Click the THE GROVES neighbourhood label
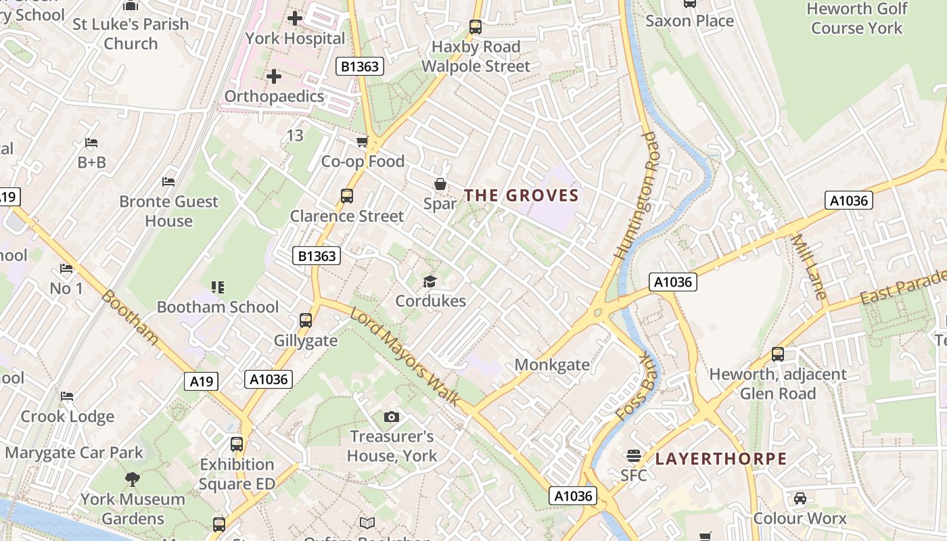click(x=521, y=196)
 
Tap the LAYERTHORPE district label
click(x=721, y=458)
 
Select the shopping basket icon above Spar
click(x=440, y=184)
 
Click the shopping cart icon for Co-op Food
click(x=363, y=141)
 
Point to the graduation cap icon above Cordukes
click(x=430, y=281)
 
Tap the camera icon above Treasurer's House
click(x=391, y=417)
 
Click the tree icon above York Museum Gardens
click(x=133, y=479)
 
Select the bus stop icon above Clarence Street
click(x=346, y=196)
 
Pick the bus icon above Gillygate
click(x=306, y=321)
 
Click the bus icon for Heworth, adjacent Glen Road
click(x=778, y=354)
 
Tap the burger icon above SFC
click(x=634, y=456)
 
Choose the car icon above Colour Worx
click(x=800, y=498)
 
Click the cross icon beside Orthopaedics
click(x=274, y=76)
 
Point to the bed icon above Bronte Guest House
click(x=168, y=181)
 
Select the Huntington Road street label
click(x=637, y=196)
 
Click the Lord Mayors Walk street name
click(x=405, y=356)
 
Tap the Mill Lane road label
click(x=809, y=267)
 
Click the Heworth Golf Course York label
click(x=856, y=18)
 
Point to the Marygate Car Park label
click(x=74, y=452)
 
